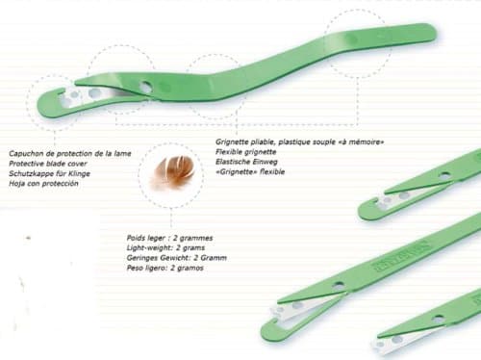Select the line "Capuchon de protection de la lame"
(x=69, y=154)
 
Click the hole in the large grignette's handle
(x=145, y=87)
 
